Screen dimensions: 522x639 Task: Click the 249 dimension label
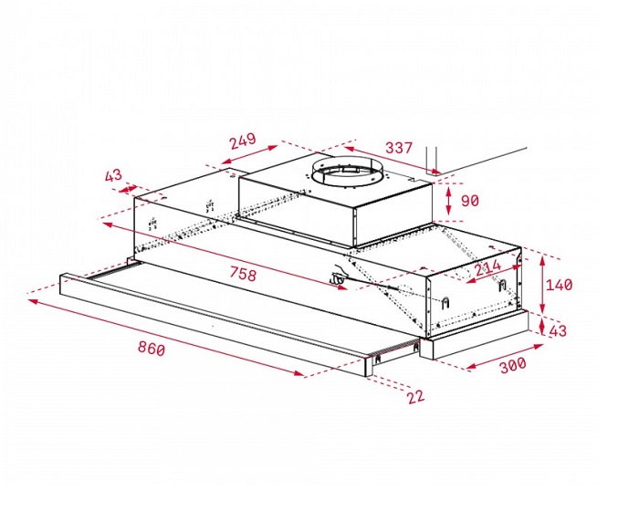tap(242, 141)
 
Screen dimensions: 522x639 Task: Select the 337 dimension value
tap(399, 147)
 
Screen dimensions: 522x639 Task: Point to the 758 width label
tap(243, 274)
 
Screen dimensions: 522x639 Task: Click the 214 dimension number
tap(488, 267)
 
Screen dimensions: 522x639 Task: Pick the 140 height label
tap(559, 285)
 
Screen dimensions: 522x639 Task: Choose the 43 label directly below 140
tap(559, 331)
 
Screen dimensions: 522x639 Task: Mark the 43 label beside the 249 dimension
tap(113, 174)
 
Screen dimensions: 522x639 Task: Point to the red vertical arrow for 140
tap(540, 285)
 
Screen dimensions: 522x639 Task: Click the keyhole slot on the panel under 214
tap(446, 302)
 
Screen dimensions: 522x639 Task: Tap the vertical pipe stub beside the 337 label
tap(434, 158)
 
